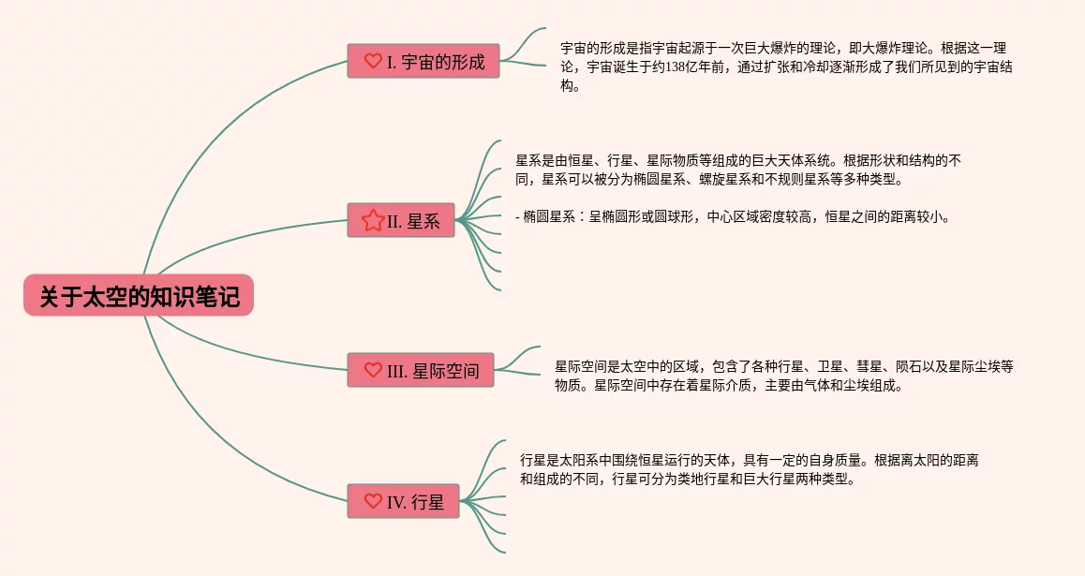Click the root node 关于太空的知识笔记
139,296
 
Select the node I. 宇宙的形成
424,61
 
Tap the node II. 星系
401,220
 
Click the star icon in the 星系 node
372,220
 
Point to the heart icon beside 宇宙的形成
373,61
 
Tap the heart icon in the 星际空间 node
373,370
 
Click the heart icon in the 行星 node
373,501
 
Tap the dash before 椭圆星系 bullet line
518,217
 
